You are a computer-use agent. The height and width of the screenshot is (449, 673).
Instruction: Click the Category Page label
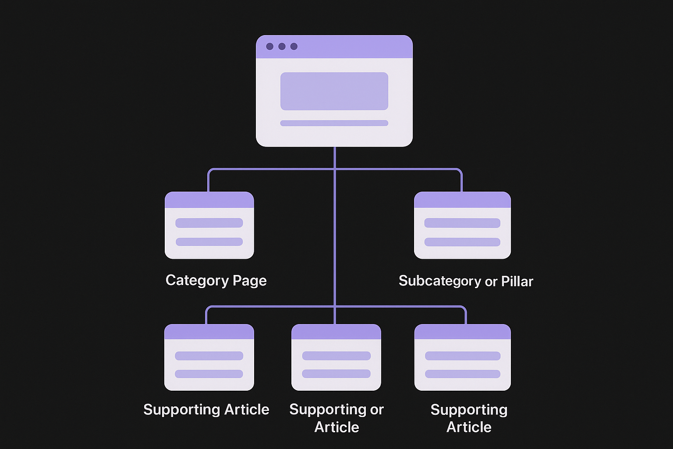[x=216, y=281]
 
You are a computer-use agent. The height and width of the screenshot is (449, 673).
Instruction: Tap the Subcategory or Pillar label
[x=466, y=281]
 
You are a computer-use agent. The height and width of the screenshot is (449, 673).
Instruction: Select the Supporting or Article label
[x=336, y=418]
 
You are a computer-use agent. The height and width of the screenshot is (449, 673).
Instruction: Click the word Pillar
[x=517, y=281]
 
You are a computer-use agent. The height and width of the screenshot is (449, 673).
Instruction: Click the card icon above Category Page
[x=209, y=225]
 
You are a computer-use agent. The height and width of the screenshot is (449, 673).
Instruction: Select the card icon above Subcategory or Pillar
[x=462, y=225]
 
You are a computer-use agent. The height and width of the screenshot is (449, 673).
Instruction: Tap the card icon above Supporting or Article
[x=336, y=357]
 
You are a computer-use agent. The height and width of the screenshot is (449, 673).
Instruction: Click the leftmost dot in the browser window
[x=270, y=46]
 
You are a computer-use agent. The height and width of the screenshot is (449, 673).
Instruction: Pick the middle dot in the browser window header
[x=282, y=46]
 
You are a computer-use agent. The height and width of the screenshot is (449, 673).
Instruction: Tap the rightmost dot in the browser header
[x=294, y=46]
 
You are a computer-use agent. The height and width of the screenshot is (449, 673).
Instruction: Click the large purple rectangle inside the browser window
[x=334, y=91]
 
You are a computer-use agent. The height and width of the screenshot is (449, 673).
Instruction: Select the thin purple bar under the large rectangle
[x=334, y=123]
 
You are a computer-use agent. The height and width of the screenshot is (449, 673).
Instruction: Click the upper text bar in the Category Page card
[x=209, y=223]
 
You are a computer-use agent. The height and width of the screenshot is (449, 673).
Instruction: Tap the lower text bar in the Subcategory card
[x=462, y=242]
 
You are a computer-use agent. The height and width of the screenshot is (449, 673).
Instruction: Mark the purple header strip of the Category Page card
[x=209, y=200]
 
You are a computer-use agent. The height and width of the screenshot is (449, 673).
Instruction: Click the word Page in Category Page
[x=249, y=281]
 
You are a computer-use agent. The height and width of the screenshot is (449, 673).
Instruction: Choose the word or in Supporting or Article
[x=377, y=410]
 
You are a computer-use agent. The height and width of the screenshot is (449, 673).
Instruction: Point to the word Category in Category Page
[x=197, y=281]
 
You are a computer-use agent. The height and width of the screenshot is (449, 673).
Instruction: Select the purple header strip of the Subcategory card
[x=462, y=200]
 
